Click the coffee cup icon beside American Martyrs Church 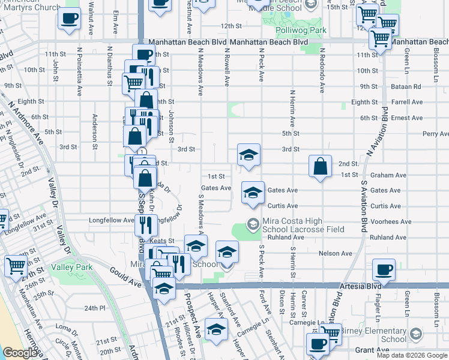click(x=69, y=18)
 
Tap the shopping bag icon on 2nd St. click(x=321, y=167)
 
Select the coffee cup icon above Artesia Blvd click(x=384, y=269)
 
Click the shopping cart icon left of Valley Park click(x=15, y=266)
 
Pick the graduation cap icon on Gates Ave click(x=253, y=193)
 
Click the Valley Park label click(x=72, y=266)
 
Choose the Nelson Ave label click(x=336, y=253)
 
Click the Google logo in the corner click(x=20, y=353)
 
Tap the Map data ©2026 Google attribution click(x=411, y=355)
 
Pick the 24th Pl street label click(x=94, y=308)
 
